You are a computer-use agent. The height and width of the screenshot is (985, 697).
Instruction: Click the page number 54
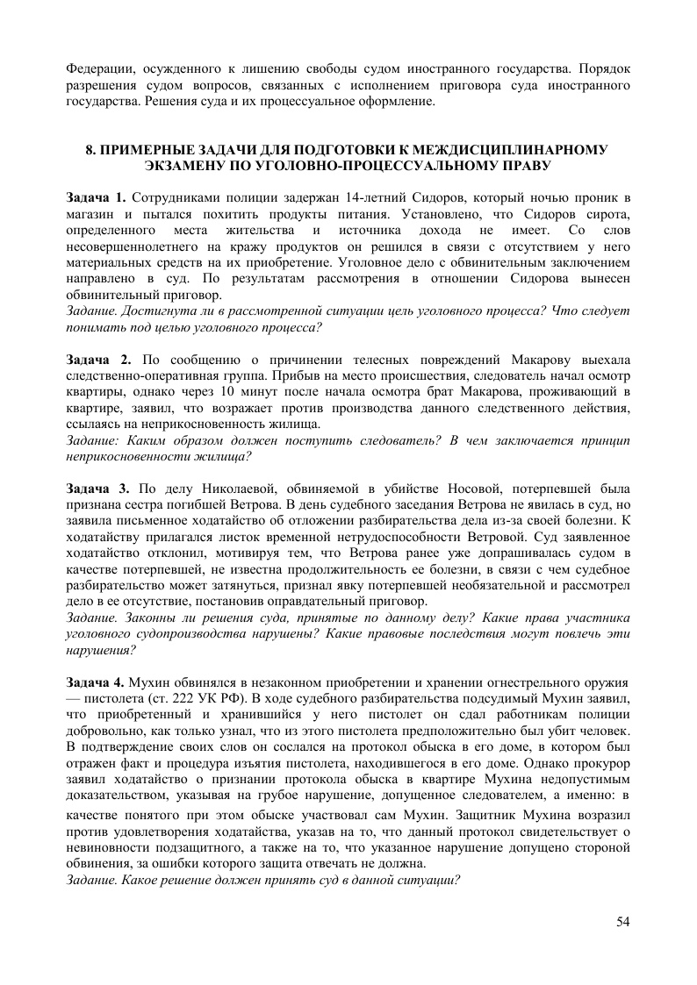623,921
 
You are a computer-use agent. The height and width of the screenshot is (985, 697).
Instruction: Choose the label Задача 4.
97,682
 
